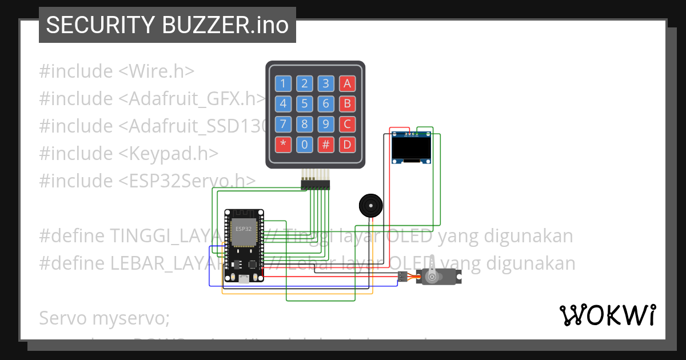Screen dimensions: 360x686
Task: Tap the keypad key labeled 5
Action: tap(305, 103)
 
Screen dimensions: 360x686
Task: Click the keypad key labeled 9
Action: tap(326, 123)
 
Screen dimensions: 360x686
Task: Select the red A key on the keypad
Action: tap(347, 84)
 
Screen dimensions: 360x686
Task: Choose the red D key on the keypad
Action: tap(347, 144)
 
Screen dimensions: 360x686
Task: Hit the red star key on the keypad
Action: tap(283, 144)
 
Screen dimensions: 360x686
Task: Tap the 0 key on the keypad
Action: tap(305, 144)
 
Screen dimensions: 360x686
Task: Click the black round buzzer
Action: tap(369, 205)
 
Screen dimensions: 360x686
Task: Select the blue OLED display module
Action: tap(411, 148)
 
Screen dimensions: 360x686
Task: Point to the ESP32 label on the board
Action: tap(243, 228)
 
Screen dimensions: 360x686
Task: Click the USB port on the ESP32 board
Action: tap(244, 279)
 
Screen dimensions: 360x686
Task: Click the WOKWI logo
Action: tap(607, 315)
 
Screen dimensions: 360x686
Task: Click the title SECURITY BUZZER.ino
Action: tap(167, 25)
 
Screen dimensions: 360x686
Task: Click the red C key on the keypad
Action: tap(347, 123)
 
